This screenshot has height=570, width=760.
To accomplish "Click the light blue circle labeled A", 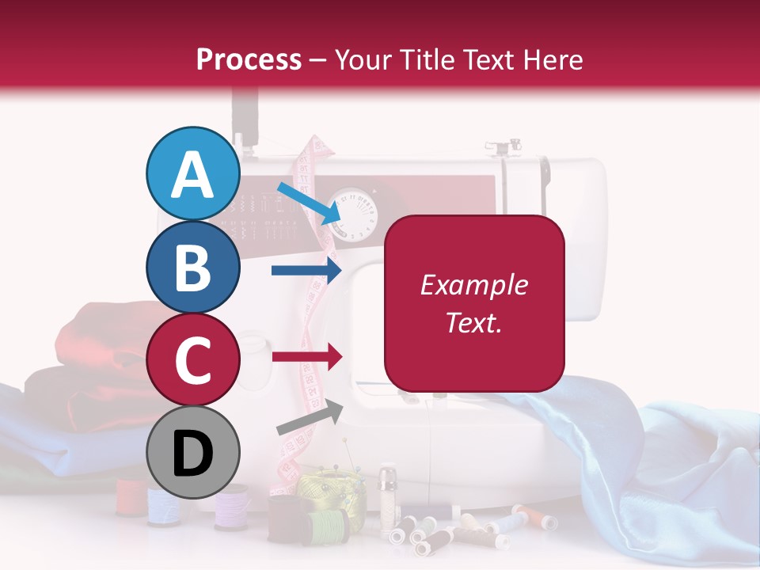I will pos(193,174).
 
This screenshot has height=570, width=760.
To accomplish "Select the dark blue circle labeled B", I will pos(193,268).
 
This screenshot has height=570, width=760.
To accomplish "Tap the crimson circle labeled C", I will pos(193,360).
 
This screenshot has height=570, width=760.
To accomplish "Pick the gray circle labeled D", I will pos(193,453).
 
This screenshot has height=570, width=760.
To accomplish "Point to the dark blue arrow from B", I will pos(306,271).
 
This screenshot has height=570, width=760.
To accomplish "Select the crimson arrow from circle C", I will pos(306,357).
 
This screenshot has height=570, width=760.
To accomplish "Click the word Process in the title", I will pos(249,59).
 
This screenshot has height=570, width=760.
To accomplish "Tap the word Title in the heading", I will pos(427,59).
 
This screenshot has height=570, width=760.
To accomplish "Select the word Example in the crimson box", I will pos(473,285).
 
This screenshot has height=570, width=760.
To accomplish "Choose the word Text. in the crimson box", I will pos(473,323).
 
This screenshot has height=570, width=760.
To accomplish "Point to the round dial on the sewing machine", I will pos(353,211).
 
